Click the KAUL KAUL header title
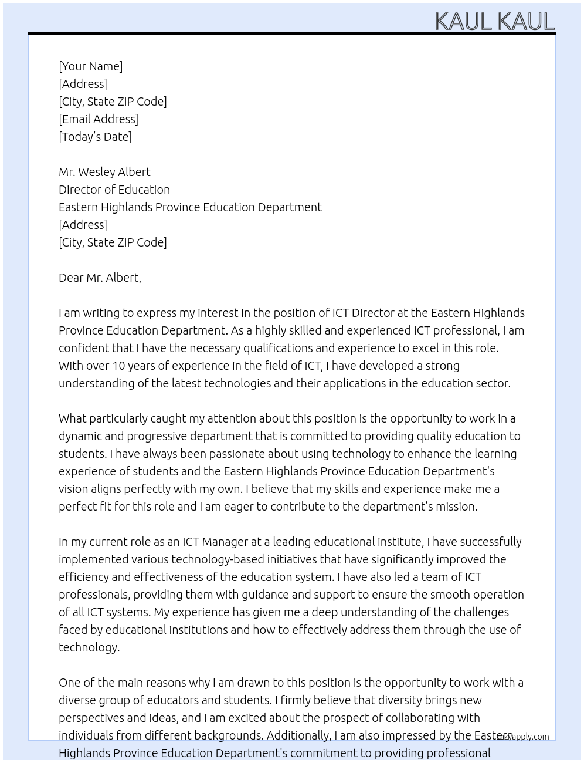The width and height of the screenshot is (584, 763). tap(494, 22)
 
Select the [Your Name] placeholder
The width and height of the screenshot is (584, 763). tap(91, 66)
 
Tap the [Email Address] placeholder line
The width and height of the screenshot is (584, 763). tap(99, 119)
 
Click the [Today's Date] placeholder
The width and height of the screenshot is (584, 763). tap(95, 137)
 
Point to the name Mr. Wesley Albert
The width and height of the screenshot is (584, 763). tap(104, 172)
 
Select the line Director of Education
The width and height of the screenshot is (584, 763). tap(114, 190)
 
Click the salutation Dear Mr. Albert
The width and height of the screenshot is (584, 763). tap(100, 278)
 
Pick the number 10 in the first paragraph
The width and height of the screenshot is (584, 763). tap(118, 366)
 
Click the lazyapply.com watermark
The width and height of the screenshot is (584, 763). tap(522, 737)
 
